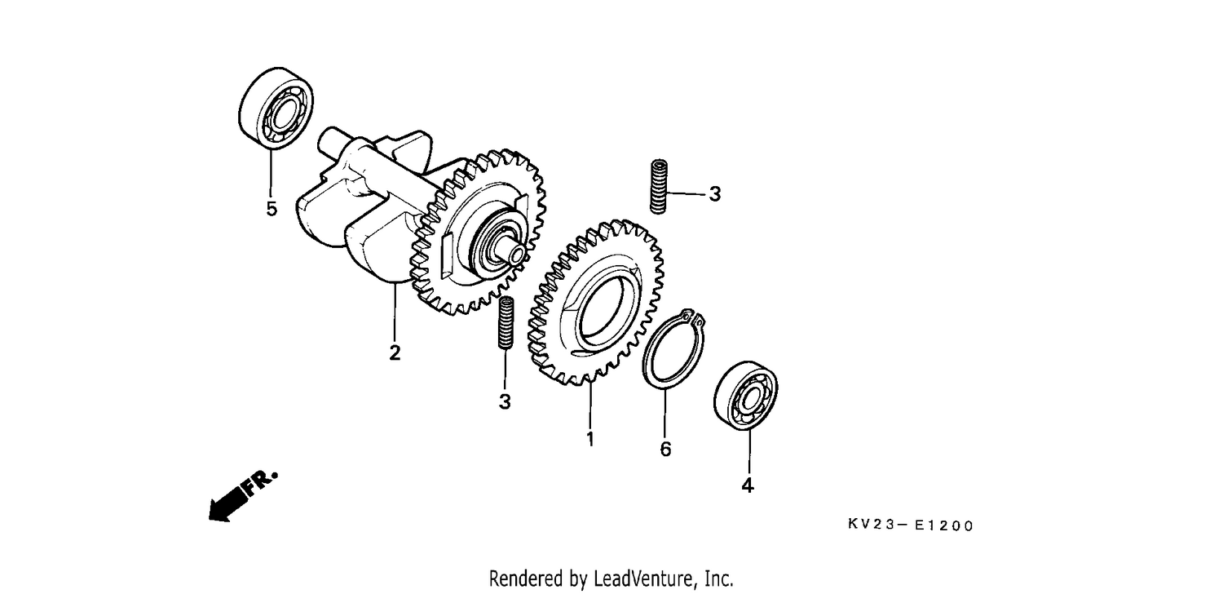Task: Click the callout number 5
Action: pos(272,209)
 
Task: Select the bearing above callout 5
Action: pos(276,109)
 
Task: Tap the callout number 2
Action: pos(395,352)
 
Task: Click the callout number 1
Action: pos(590,438)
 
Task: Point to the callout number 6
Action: pos(665,449)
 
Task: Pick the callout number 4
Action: pos(748,485)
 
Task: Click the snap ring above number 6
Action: pos(673,350)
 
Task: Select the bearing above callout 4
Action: pos(746,396)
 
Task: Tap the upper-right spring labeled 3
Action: pos(659,186)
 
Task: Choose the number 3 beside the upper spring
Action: pos(715,193)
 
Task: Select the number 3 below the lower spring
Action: pos(505,401)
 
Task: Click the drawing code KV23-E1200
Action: pos(910,525)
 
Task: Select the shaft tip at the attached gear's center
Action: pos(517,253)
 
